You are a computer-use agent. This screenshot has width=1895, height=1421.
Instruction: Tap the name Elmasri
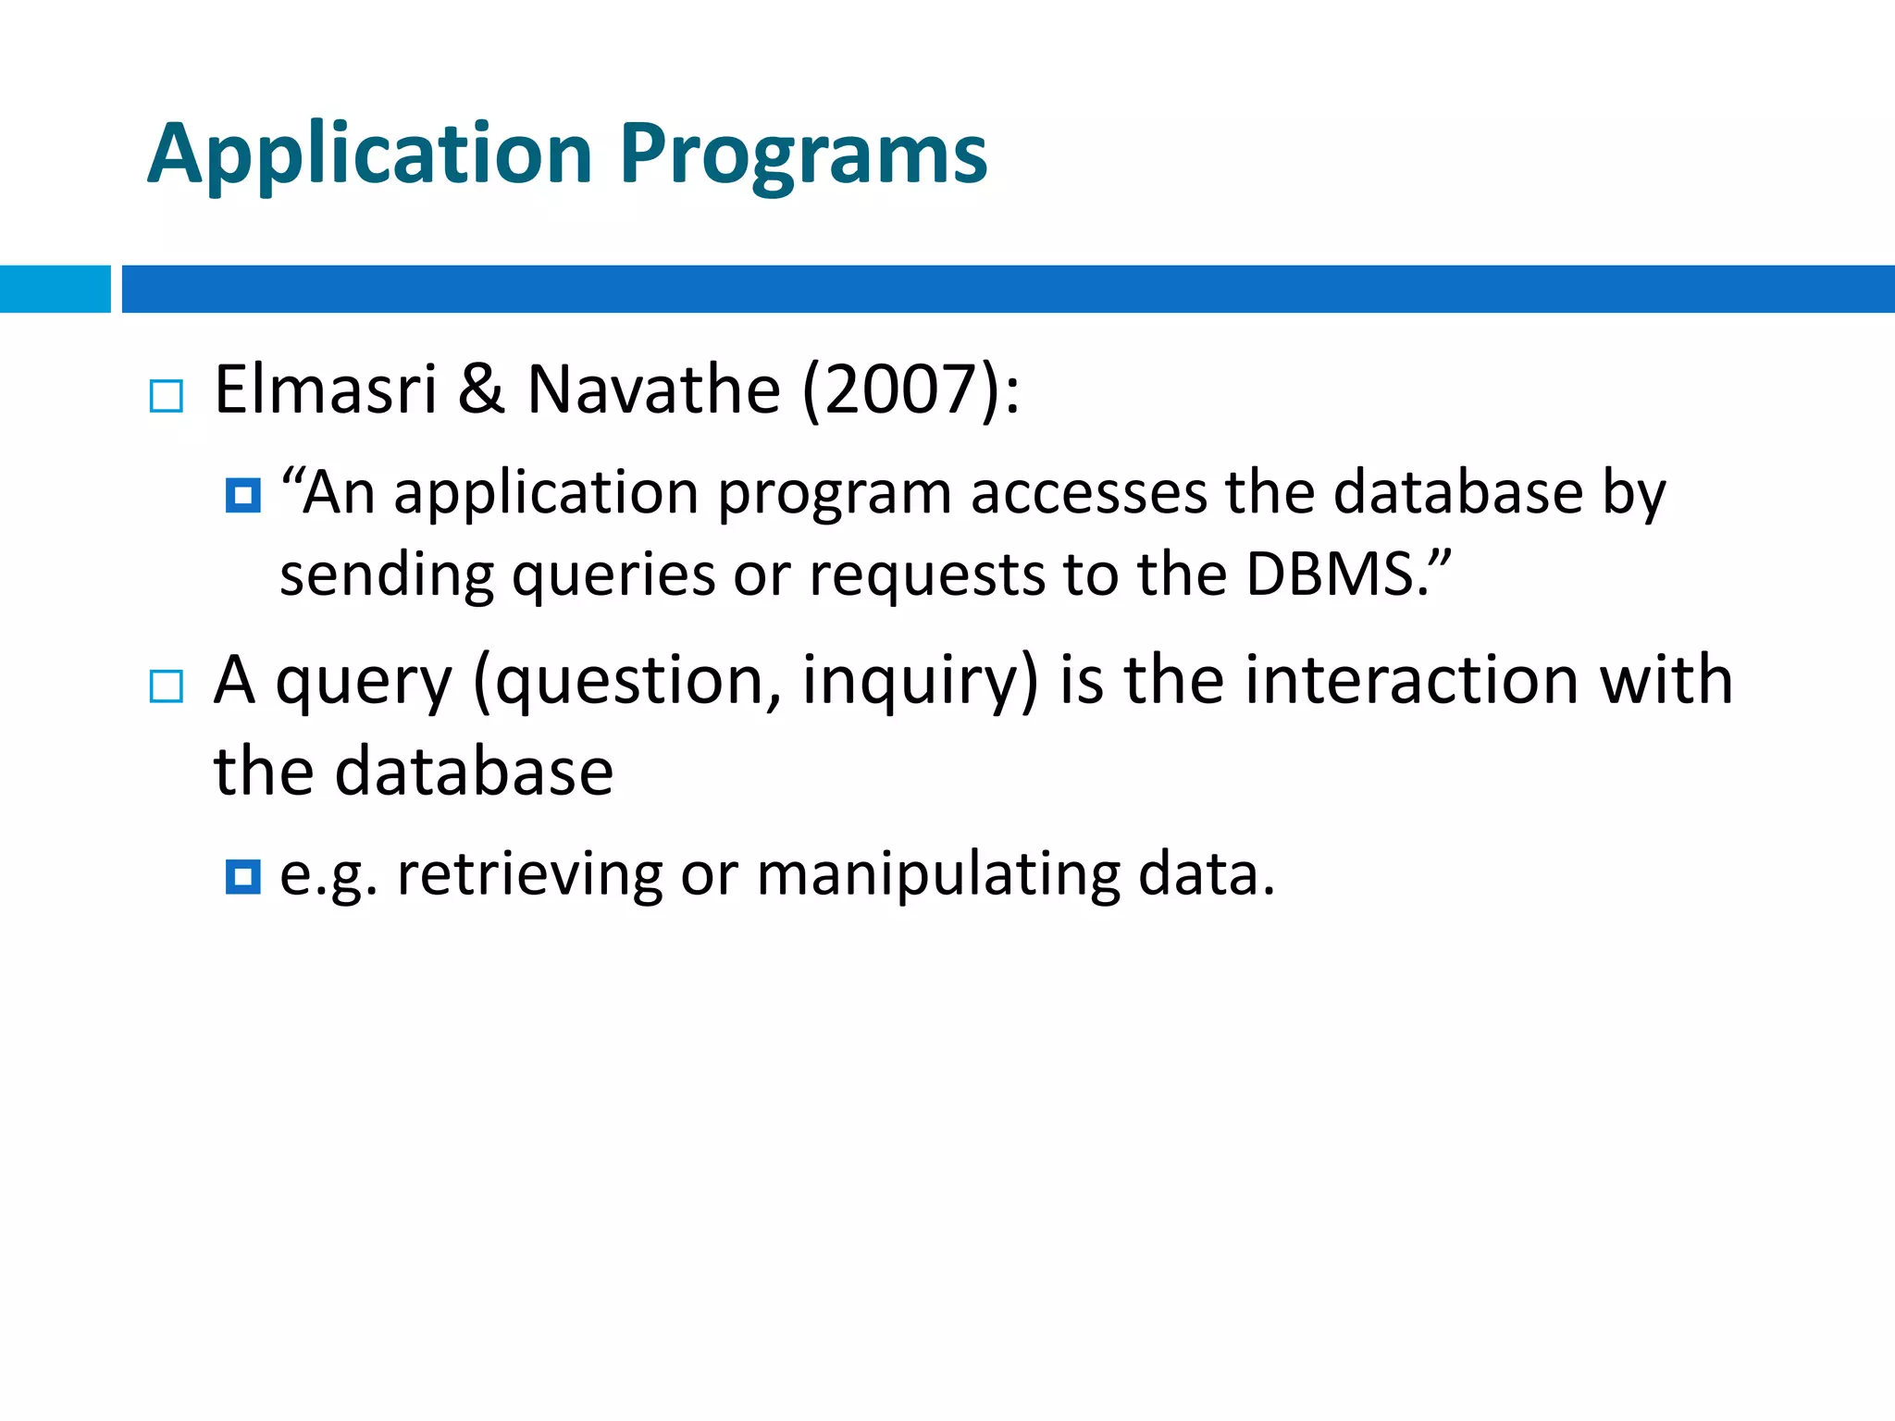[x=326, y=389]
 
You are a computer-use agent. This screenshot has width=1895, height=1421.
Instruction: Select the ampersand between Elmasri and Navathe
[x=481, y=389]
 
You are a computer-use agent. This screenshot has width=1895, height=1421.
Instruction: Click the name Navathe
[x=653, y=389]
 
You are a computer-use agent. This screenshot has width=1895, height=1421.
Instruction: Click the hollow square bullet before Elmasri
[x=167, y=396]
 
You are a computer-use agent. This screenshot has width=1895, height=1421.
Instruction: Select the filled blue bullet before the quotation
[x=243, y=496]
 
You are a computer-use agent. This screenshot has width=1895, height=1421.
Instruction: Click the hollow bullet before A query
[x=167, y=686]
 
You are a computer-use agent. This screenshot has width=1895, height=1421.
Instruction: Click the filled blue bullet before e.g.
[x=243, y=876]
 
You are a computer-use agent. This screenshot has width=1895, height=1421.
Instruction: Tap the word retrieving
[x=529, y=874]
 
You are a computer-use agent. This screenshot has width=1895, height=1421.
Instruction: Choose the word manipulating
[x=937, y=874]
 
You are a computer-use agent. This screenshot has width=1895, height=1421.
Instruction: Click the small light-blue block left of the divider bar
[x=55, y=289]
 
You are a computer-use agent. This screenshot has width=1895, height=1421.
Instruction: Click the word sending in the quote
[x=387, y=576]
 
